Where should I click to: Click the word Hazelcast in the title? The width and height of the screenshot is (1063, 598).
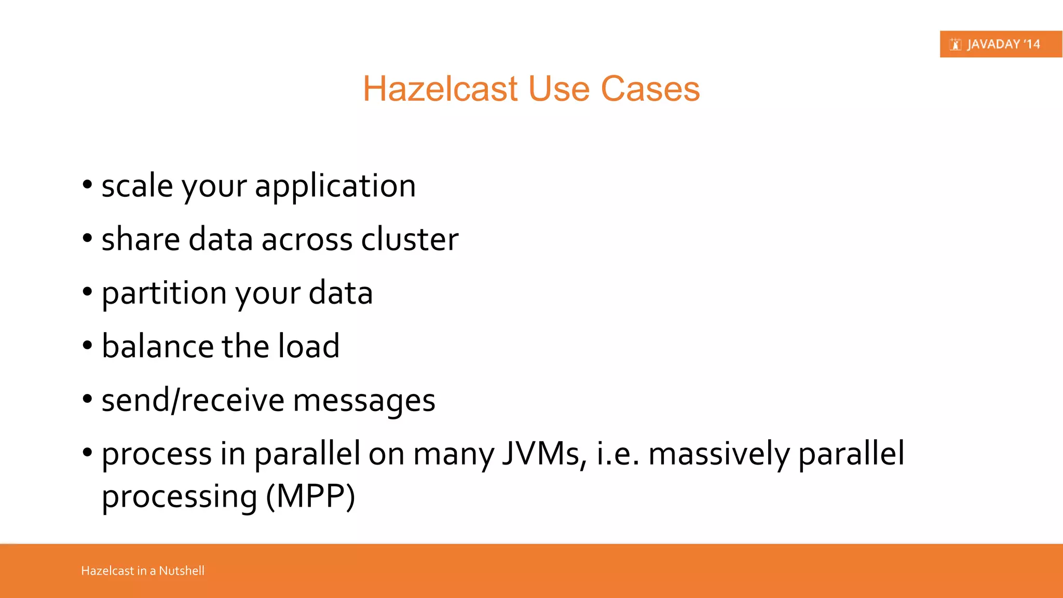(x=440, y=89)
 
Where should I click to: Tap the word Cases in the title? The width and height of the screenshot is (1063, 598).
(x=650, y=89)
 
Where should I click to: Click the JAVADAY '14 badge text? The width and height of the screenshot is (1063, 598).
(x=1003, y=44)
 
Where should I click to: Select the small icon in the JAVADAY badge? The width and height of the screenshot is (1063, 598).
(x=955, y=45)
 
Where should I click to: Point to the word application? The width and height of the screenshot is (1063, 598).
(x=335, y=187)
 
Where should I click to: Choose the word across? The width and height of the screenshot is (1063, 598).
(x=306, y=240)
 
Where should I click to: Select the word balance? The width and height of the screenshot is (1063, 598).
(x=157, y=346)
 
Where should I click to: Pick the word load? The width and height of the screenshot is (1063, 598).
(x=308, y=346)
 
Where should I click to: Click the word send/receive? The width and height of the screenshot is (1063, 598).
(x=193, y=400)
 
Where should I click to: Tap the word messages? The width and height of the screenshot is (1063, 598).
(x=364, y=401)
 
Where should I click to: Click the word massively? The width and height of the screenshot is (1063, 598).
(x=719, y=454)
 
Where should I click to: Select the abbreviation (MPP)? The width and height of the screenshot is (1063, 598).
(x=310, y=496)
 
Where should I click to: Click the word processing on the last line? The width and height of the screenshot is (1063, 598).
(x=179, y=497)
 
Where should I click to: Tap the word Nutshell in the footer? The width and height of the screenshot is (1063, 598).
(x=181, y=570)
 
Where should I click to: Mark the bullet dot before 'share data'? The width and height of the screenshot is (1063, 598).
(x=87, y=239)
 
